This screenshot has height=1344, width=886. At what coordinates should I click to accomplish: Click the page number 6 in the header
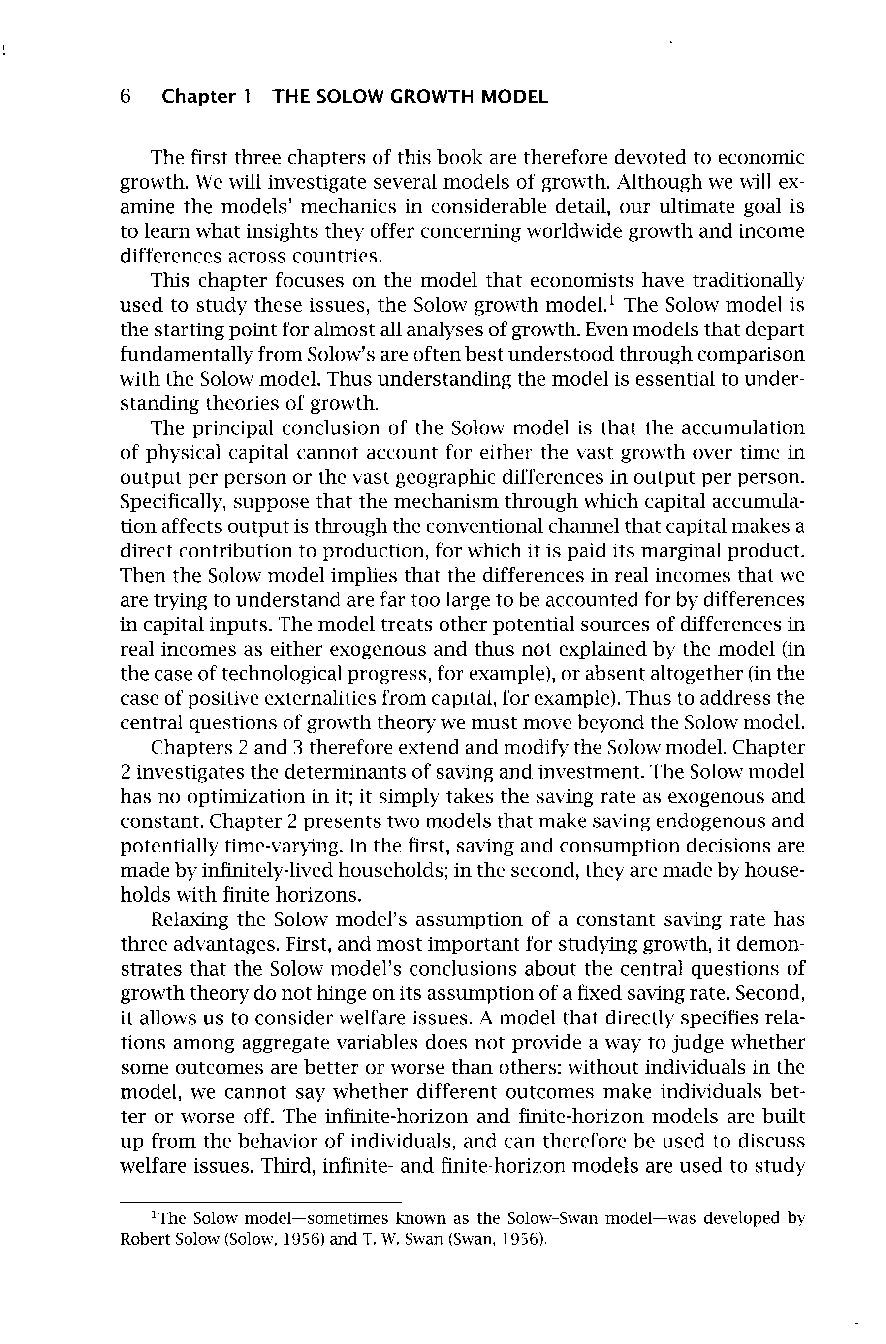(126, 97)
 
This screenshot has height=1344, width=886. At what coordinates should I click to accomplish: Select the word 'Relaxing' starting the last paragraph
(190, 919)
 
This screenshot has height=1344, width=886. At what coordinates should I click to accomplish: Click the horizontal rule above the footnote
(260, 1201)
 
